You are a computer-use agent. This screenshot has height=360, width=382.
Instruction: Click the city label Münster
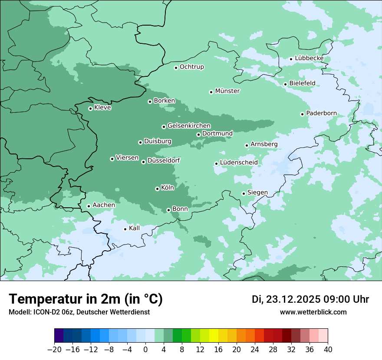(x=227, y=91)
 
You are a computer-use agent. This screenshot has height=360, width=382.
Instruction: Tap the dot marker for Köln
(x=157, y=189)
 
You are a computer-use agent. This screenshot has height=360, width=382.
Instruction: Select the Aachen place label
(x=104, y=205)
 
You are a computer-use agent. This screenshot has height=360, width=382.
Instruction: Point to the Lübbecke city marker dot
(x=291, y=59)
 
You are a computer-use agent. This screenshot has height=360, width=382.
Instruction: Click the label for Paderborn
(x=321, y=113)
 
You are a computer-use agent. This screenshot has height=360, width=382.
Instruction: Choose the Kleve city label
(x=102, y=108)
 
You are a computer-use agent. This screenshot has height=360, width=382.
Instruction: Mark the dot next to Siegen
(x=244, y=193)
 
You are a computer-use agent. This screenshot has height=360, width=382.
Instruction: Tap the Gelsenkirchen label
(x=189, y=126)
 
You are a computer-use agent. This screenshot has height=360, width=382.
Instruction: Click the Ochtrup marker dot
(x=176, y=67)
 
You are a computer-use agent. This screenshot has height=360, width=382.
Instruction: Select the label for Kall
(x=135, y=228)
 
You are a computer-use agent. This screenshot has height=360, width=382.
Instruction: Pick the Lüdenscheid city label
(x=239, y=163)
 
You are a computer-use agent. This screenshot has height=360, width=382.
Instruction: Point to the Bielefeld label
(x=302, y=83)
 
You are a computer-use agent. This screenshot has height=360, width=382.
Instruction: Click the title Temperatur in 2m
(x=86, y=299)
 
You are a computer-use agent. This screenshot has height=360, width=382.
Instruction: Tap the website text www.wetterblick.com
(x=313, y=312)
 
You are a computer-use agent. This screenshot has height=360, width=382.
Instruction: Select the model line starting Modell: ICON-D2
(x=79, y=312)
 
